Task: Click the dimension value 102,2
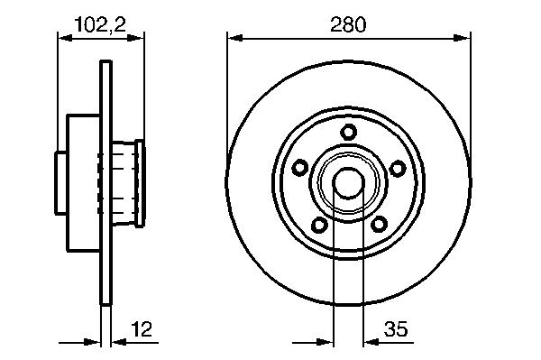[x=100, y=25]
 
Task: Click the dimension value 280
[x=348, y=25]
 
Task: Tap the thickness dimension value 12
[x=142, y=329]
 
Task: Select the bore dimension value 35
[x=396, y=328]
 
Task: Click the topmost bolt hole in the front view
[x=348, y=133]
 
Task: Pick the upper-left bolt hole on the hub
[x=300, y=168]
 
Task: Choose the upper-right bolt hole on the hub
[x=398, y=168]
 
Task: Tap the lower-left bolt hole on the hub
[x=319, y=225]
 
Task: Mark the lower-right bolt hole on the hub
[x=379, y=225]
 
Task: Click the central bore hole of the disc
[x=348, y=184]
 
